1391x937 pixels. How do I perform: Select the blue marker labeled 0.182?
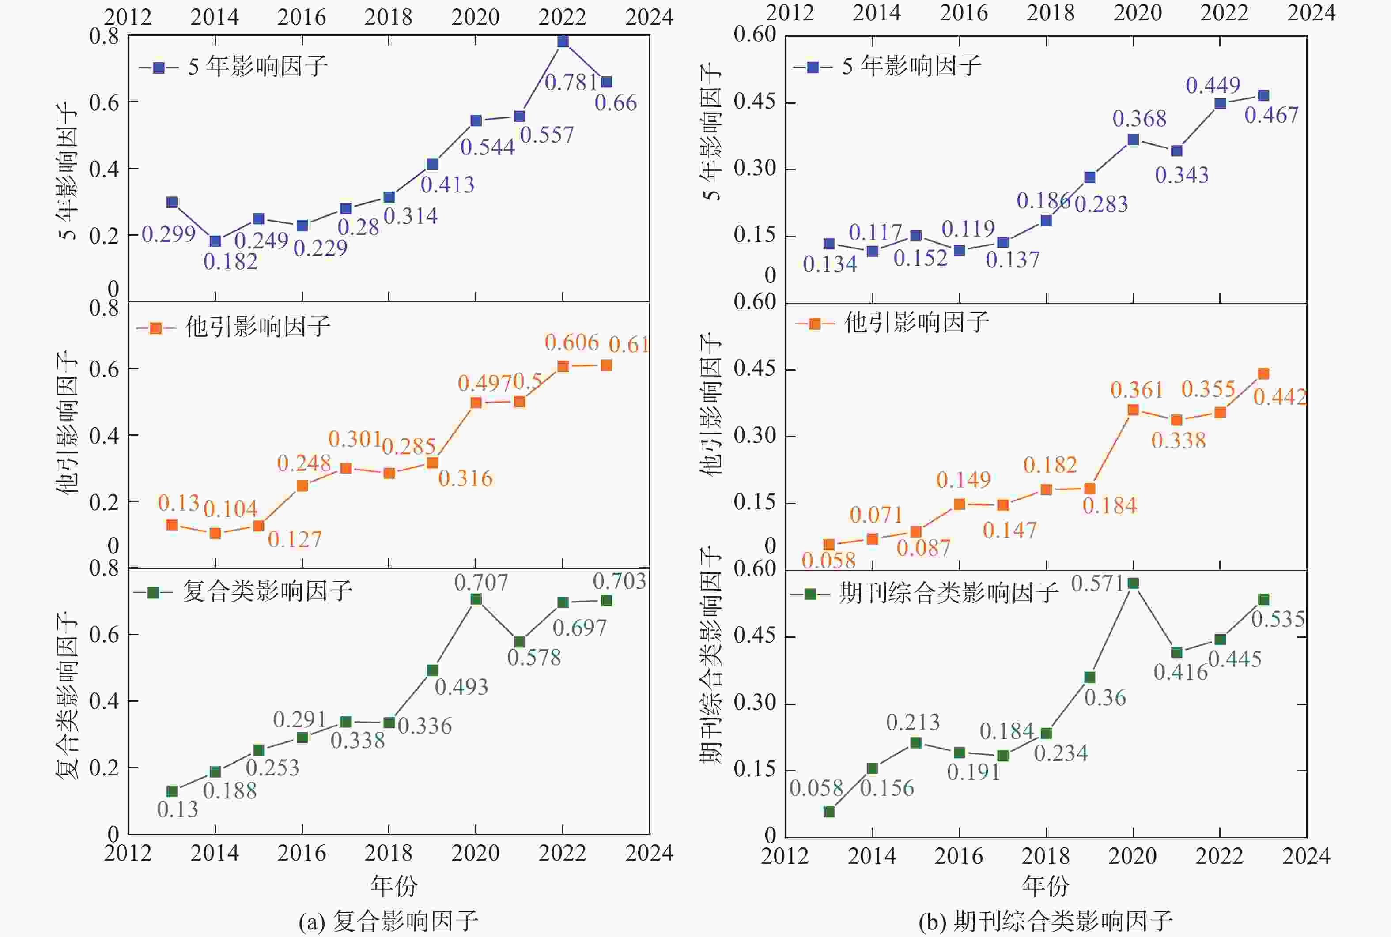click(215, 241)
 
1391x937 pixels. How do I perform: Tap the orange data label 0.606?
click(571, 342)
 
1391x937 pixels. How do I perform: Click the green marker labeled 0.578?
click(519, 642)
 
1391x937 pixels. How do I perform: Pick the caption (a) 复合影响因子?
click(389, 921)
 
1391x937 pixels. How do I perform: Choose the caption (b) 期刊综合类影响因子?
click(1045, 921)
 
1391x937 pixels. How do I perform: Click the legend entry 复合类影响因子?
click(267, 591)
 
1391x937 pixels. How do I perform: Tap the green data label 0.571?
click(1097, 583)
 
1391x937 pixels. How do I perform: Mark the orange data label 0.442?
click(1280, 397)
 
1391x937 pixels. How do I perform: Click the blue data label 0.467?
click(1271, 115)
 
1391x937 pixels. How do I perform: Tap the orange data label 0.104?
click(231, 509)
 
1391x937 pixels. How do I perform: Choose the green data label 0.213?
click(913, 723)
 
